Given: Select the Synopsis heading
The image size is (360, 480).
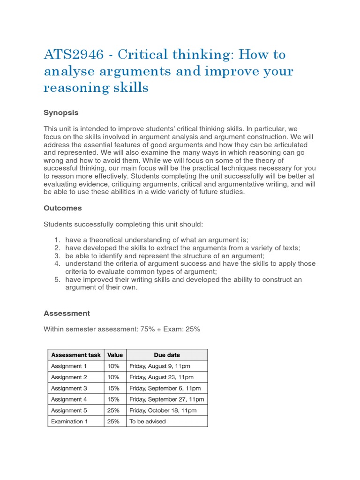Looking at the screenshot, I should pyautogui.click(x=61, y=112).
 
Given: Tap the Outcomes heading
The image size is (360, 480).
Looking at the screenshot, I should pyautogui.click(x=62, y=208).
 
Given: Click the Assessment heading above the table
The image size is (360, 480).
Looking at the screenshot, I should pyautogui.click(x=67, y=313).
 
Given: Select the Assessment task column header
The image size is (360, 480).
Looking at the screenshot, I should pyautogui.click(x=75, y=355).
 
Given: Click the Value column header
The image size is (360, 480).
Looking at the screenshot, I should pyautogui.click(x=115, y=355).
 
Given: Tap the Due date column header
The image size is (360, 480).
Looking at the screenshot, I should pyautogui.click(x=166, y=355).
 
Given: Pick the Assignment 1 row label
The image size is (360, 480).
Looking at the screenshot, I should pyautogui.click(x=69, y=366).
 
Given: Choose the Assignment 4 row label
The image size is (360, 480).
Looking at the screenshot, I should pyautogui.click(x=69, y=399).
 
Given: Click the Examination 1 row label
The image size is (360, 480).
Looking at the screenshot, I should pyautogui.click(x=70, y=421).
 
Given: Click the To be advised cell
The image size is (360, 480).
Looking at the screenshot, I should pyautogui.click(x=148, y=421).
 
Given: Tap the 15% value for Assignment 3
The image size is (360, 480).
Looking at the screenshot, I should pyautogui.click(x=113, y=388).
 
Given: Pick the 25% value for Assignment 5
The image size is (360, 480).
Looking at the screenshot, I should pyautogui.click(x=113, y=410).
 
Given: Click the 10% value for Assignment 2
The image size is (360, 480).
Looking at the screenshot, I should pyautogui.click(x=113, y=377).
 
